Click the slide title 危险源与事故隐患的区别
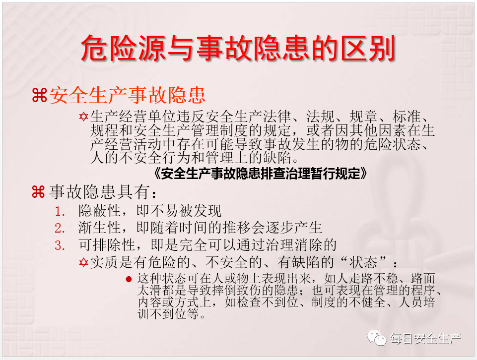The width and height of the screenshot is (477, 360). [x=238, y=48]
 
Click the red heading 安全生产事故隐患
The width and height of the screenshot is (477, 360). [x=128, y=95]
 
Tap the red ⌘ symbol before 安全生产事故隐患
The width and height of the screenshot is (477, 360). [x=40, y=95]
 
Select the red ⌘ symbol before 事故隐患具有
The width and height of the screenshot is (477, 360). [x=38, y=192]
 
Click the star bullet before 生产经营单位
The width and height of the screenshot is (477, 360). [x=83, y=117]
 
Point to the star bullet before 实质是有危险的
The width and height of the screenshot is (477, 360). [x=83, y=262]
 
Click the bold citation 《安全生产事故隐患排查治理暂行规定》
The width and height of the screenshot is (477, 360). [x=261, y=174]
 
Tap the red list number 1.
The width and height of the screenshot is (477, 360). [x=60, y=211]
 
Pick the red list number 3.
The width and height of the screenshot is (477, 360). [x=60, y=245]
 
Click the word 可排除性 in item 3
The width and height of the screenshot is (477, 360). [x=107, y=244]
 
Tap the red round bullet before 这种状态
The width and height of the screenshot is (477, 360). [x=129, y=279]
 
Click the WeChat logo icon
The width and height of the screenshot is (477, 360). [x=377, y=338]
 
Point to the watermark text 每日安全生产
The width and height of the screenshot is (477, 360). [x=425, y=339]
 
